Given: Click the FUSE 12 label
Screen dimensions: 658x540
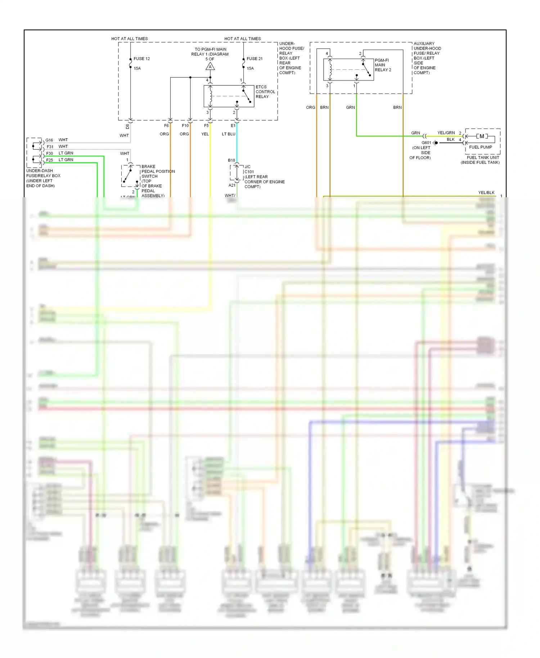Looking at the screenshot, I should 141,59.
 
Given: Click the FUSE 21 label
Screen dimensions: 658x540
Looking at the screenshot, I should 255,59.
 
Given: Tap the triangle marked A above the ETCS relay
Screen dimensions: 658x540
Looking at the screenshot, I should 210,67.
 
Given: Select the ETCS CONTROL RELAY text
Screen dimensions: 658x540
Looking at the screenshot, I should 265,92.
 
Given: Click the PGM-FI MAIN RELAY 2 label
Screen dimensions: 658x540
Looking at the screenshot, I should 383,65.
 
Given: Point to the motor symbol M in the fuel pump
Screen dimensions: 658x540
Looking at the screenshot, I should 482,136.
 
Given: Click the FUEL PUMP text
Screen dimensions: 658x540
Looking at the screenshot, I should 480,147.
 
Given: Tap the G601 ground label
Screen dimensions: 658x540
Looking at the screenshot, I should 426,143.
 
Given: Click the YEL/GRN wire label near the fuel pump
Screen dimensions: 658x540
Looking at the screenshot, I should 446,133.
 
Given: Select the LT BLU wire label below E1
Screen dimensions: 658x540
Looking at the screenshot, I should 228,134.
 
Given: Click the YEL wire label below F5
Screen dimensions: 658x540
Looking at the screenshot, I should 205,134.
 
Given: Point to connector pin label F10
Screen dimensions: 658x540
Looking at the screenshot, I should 185,126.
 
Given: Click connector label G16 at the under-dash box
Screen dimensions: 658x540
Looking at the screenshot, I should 49,140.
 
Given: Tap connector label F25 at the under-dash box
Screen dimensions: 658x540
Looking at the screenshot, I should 49,160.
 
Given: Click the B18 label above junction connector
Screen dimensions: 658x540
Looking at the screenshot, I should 231,160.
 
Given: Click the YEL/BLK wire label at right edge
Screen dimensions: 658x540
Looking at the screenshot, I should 486,193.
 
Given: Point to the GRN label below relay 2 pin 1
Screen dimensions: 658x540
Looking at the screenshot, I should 350,107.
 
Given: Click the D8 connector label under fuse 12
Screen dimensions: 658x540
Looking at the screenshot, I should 127,126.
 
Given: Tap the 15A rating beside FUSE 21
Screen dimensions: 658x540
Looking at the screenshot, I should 250,68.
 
